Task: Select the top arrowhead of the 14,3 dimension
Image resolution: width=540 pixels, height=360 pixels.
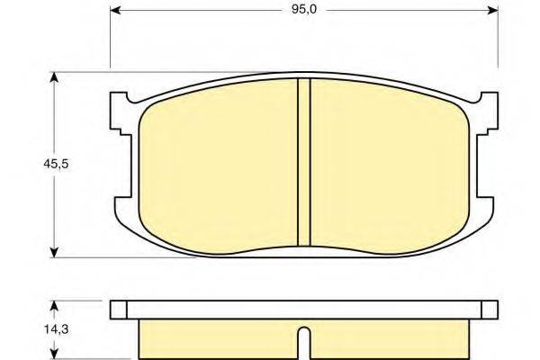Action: (x=58, y=305)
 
